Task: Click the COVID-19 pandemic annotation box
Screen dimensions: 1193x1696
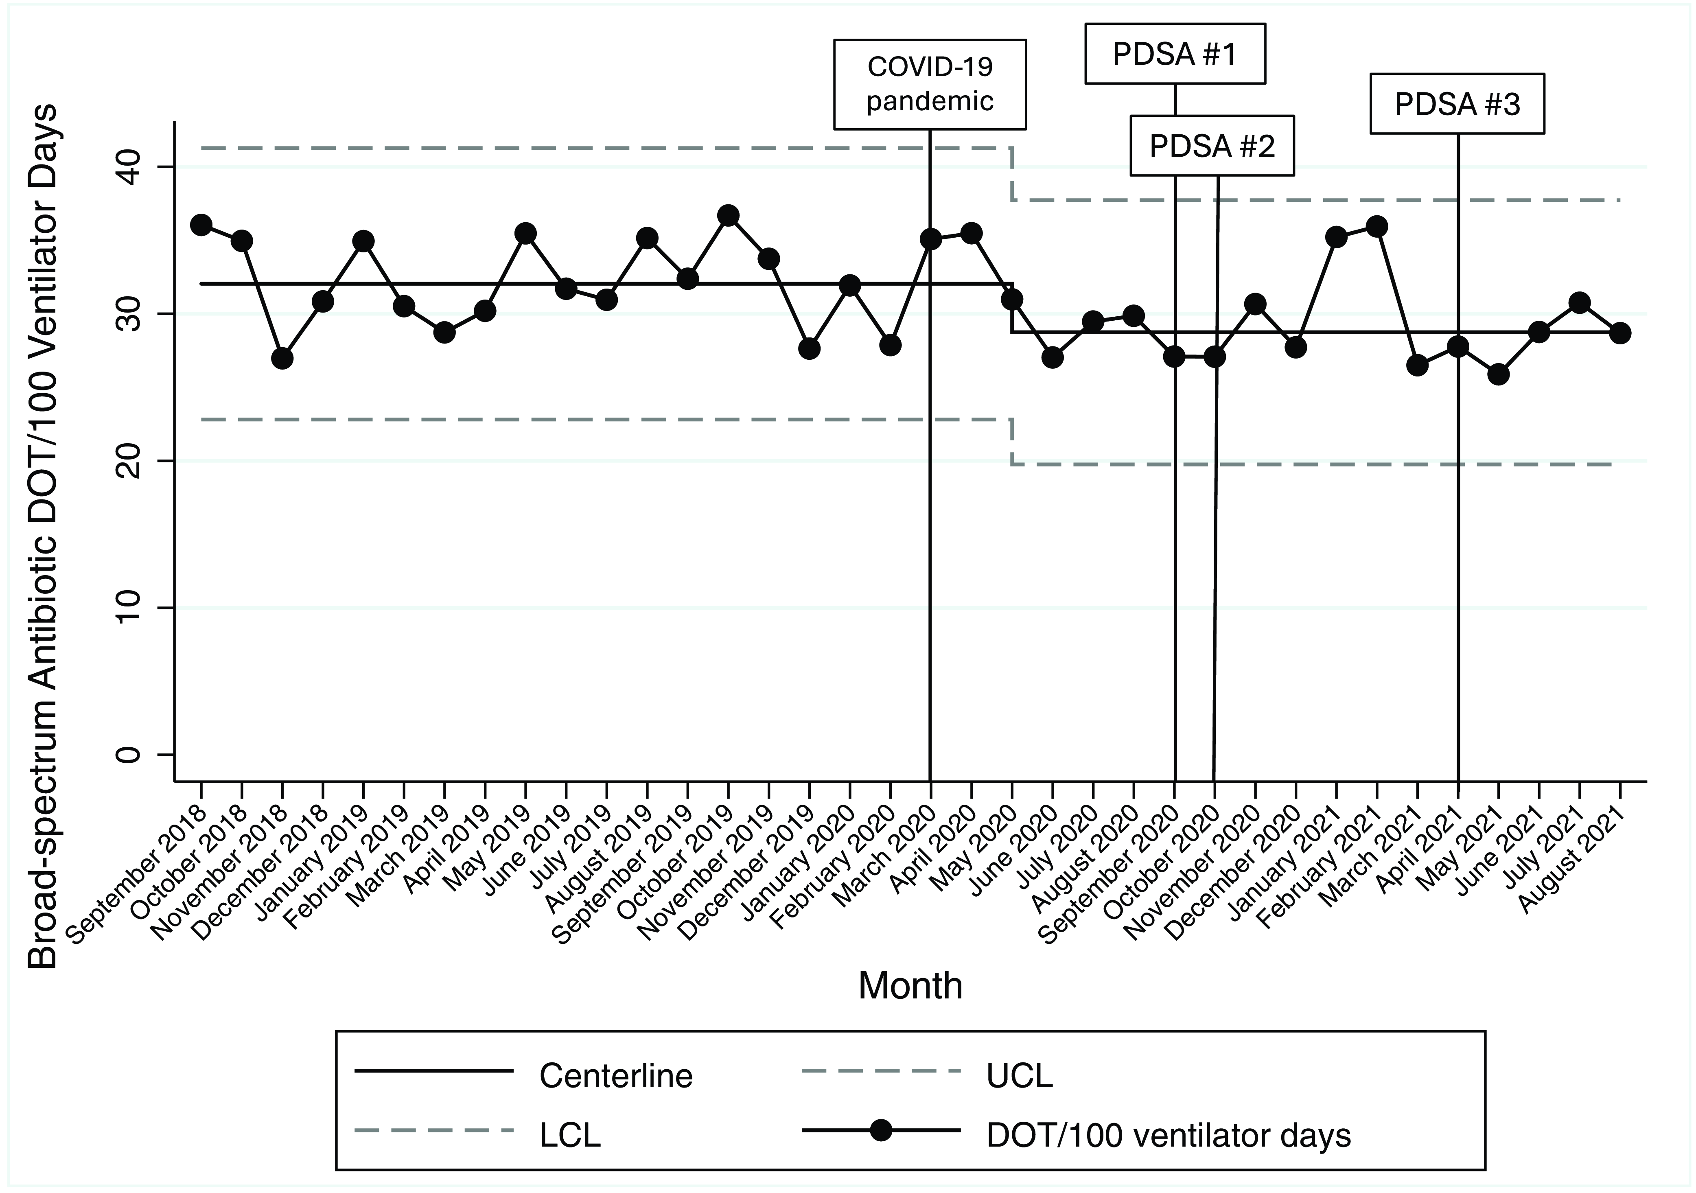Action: (930, 84)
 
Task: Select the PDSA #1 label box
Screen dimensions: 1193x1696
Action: (1175, 54)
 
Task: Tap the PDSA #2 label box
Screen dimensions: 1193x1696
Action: (1212, 146)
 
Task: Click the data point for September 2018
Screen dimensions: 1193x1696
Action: (201, 225)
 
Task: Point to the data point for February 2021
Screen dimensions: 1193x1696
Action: (1376, 227)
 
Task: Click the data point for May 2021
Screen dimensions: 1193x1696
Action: (1498, 374)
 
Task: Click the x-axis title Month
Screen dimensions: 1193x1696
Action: (910, 985)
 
